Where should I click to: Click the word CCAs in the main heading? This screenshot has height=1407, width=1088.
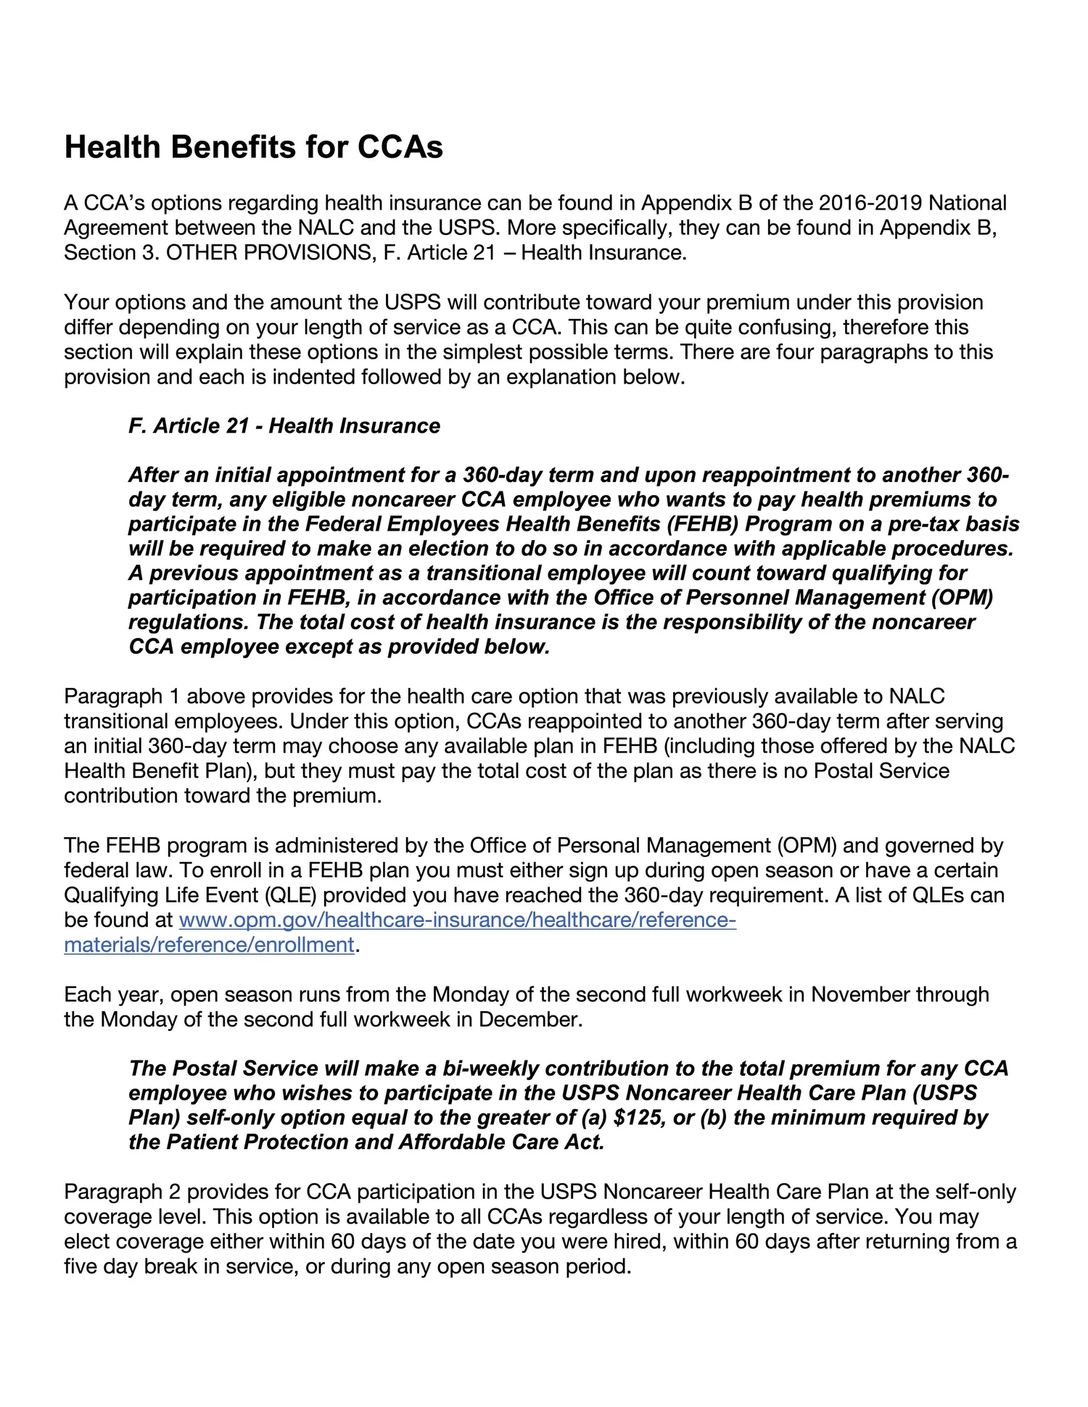tap(400, 147)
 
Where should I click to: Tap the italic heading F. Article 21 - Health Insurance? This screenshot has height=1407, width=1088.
tap(284, 426)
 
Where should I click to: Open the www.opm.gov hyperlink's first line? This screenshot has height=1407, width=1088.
tap(457, 921)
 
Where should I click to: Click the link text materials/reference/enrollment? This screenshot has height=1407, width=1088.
tap(209, 945)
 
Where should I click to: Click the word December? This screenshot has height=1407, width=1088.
tap(529, 1020)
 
